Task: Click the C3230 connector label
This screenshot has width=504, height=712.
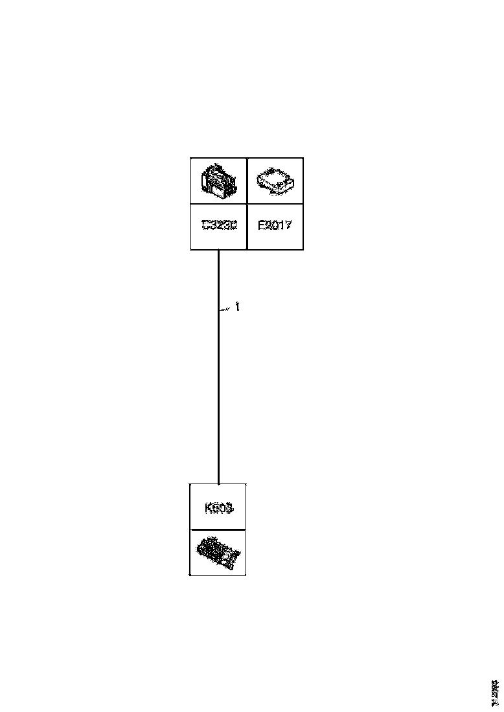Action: pyautogui.click(x=219, y=226)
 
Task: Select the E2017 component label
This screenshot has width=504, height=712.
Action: pyautogui.click(x=275, y=226)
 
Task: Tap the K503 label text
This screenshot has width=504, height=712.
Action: pyautogui.click(x=218, y=508)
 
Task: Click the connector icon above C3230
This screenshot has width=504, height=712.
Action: pyautogui.click(x=218, y=181)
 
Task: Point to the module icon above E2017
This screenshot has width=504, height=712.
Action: pyautogui.click(x=275, y=181)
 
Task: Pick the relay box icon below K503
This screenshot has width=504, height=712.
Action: pyautogui.click(x=218, y=552)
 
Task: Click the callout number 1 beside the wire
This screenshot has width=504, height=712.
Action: pyautogui.click(x=238, y=307)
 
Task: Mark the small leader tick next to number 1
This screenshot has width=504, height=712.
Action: pyautogui.click(x=225, y=311)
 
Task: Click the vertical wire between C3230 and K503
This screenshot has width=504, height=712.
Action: pyautogui.click(x=219, y=388)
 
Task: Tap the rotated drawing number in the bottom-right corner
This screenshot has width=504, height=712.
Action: pyautogui.click(x=495, y=693)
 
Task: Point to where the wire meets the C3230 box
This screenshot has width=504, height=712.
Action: pyautogui.click(x=219, y=250)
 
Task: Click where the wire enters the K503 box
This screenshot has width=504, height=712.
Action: pyautogui.click(x=219, y=484)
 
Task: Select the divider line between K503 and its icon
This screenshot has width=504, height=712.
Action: pyautogui.click(x=218, y=529)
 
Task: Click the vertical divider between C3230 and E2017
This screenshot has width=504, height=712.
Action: pyautogui.click(x=247, y=204)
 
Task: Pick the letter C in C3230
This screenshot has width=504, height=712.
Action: pyautogui.click(x=205, y=226)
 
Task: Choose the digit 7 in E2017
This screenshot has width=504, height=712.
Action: pyautogui.click(x=289, y=226)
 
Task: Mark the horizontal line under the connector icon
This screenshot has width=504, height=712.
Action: pyautogui.click(x=218, y=205)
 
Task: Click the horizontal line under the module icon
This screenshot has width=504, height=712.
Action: pyautogui.click(x=275, y=205)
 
